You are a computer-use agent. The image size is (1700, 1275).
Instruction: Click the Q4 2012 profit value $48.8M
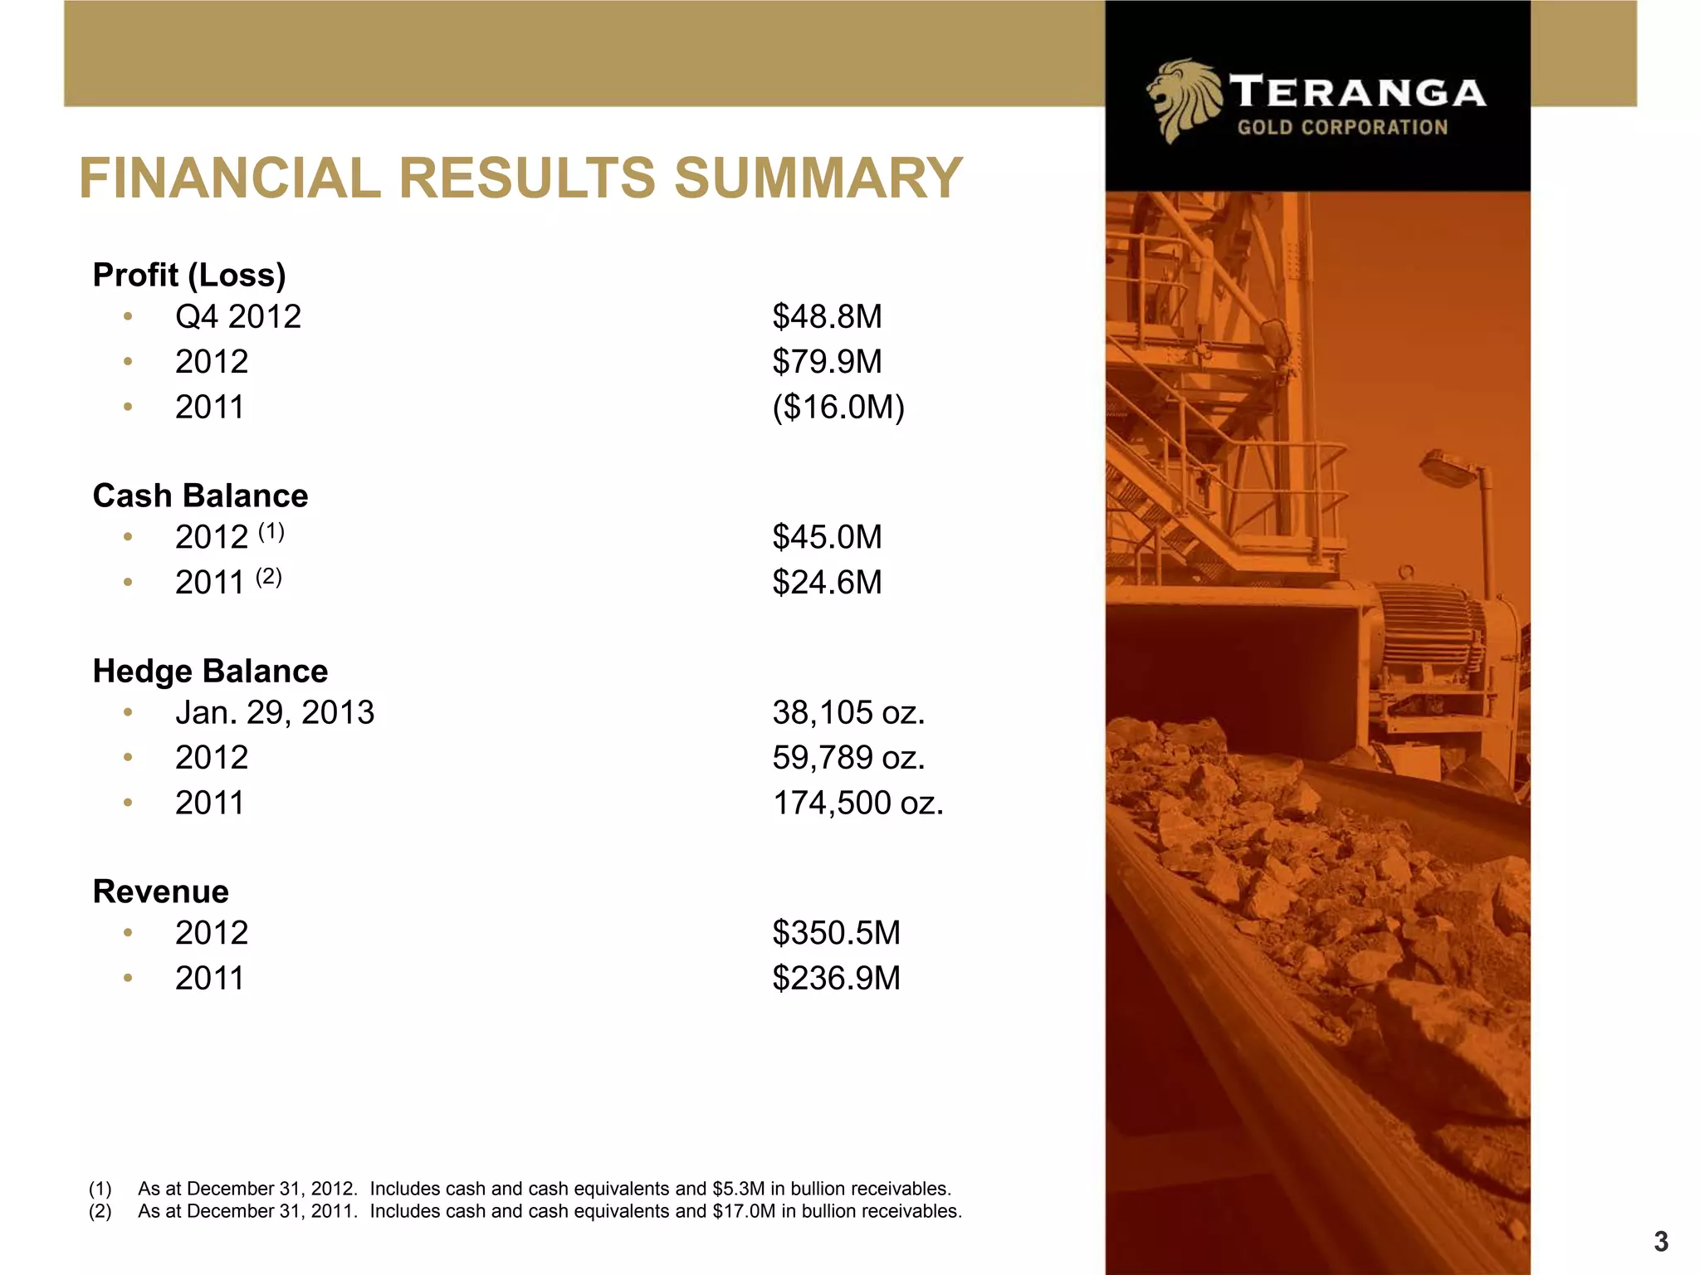827,317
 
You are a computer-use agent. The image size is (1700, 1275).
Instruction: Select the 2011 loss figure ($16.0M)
838,408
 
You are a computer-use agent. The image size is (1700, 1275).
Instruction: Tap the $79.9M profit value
827,362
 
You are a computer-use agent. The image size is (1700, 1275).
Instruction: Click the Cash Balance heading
200,496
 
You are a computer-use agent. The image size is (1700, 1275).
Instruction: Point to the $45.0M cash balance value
827,538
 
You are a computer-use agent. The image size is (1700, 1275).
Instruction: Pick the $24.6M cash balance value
827,583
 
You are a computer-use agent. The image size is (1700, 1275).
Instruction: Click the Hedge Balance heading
210,671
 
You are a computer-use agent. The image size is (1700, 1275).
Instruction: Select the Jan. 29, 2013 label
274,713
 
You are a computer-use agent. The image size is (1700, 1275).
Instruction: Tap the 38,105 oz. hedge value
848,713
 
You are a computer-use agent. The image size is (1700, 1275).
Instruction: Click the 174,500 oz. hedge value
857,804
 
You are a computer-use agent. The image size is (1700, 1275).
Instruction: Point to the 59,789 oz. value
848,758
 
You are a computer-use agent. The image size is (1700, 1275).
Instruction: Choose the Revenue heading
160,892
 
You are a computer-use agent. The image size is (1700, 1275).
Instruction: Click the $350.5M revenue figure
836,933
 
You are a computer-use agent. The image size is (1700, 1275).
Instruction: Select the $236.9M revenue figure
836,979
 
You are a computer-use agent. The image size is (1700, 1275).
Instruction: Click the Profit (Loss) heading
189,275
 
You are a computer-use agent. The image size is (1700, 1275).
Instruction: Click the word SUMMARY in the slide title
818,178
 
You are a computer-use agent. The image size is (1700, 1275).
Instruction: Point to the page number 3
1660,1242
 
